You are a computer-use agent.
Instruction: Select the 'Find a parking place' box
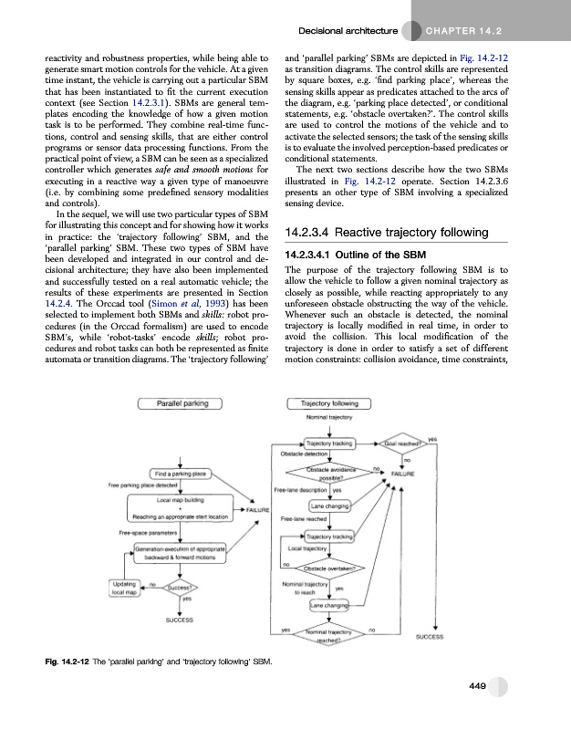click(x=183, y=474)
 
